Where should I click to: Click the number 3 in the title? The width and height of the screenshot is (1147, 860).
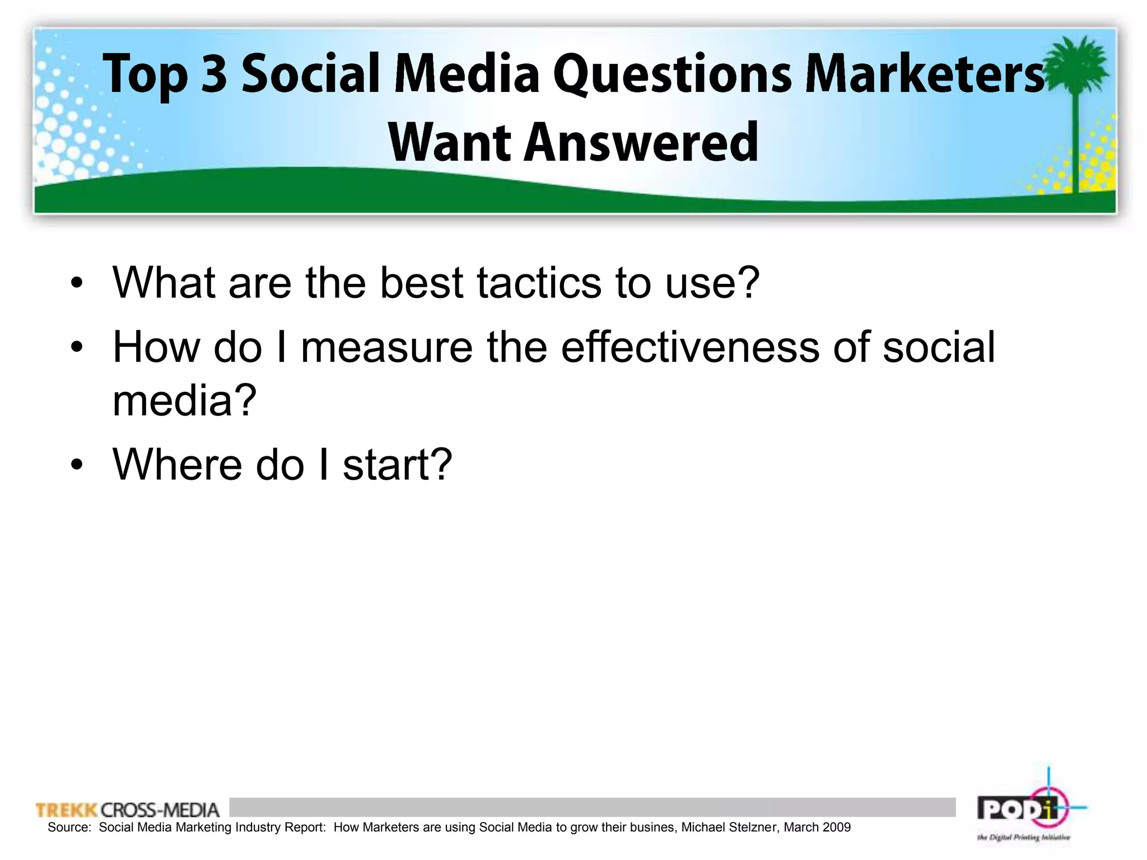(x=214, y=73)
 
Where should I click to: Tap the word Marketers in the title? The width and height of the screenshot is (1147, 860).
(x=924, y=74)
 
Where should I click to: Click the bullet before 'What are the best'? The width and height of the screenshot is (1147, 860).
(x=77, y=284)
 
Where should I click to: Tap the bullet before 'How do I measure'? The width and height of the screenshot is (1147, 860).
(x=77, y=348)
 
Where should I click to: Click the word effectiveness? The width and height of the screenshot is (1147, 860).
(x=689, y=347)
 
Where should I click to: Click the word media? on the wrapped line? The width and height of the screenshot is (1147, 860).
(x=184, y=400)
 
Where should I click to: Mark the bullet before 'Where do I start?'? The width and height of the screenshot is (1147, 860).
(x=77, y=465)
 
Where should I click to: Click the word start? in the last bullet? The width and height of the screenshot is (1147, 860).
(x=397, y=465)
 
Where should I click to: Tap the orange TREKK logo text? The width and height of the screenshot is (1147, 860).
(x=67, y=810)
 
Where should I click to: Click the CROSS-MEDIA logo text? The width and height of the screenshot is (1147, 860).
(x=160, y=810)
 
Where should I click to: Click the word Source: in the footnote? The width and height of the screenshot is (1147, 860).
(x=69, y=828)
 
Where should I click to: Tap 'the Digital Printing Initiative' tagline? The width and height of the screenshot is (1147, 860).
(x=1023, y=838)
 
